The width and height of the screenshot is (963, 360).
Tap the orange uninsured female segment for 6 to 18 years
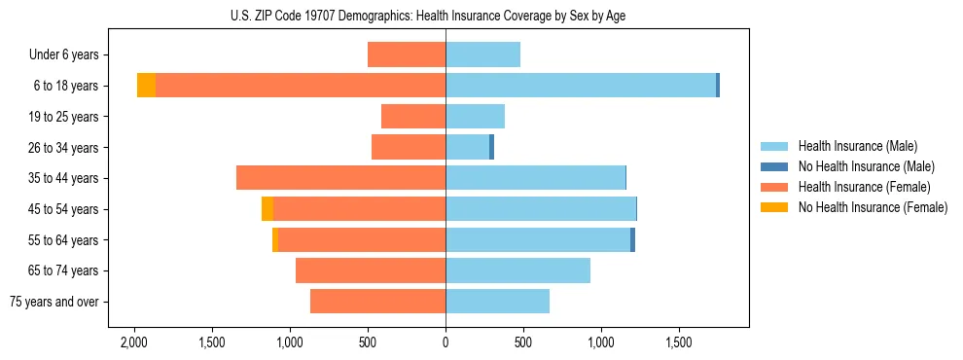click(x=146, y=86)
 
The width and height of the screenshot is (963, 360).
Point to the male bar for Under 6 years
click(x=482, y=54)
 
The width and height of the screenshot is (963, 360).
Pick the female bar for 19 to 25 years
click(x=413, y=117)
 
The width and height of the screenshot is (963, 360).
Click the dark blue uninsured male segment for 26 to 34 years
click(x=491, y=147)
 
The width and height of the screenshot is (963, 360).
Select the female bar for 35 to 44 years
click(x=340, y=178)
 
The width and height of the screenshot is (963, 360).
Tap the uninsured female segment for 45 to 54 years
click(x=267, y=209)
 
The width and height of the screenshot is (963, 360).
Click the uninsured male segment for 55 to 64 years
click(x=632, y=239)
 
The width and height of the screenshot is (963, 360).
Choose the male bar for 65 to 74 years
click(x=517, y=270)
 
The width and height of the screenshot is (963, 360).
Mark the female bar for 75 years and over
click(x=377, y=302)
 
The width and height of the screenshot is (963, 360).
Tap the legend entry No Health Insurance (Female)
click(x=873, y=207)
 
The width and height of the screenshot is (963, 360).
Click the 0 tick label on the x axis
click(x=446, y=342)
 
